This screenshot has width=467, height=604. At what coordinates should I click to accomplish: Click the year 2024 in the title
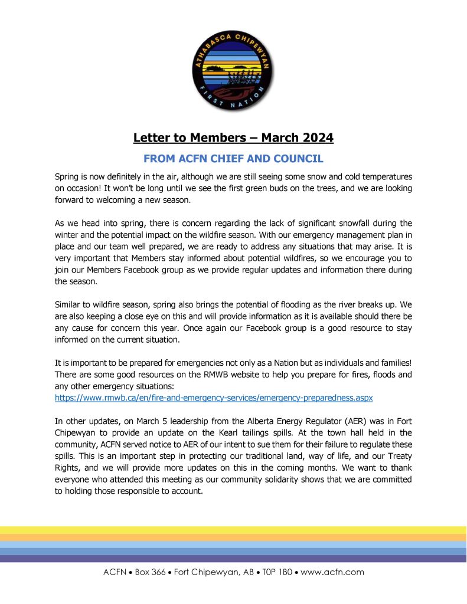click(x=313, y=138)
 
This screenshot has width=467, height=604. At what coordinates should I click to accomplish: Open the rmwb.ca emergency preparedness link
click(x=214, y=398)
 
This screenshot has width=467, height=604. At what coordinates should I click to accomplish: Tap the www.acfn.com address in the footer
click(x=332, y=572)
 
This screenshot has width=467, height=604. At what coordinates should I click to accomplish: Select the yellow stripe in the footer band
click(x=233, y=530)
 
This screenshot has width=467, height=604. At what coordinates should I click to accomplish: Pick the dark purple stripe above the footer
click(x=233, y=558)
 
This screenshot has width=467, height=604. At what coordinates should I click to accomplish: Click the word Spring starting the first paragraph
click(x=68, y=177)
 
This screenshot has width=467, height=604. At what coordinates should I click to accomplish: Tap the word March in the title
click(x=277, y=138)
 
